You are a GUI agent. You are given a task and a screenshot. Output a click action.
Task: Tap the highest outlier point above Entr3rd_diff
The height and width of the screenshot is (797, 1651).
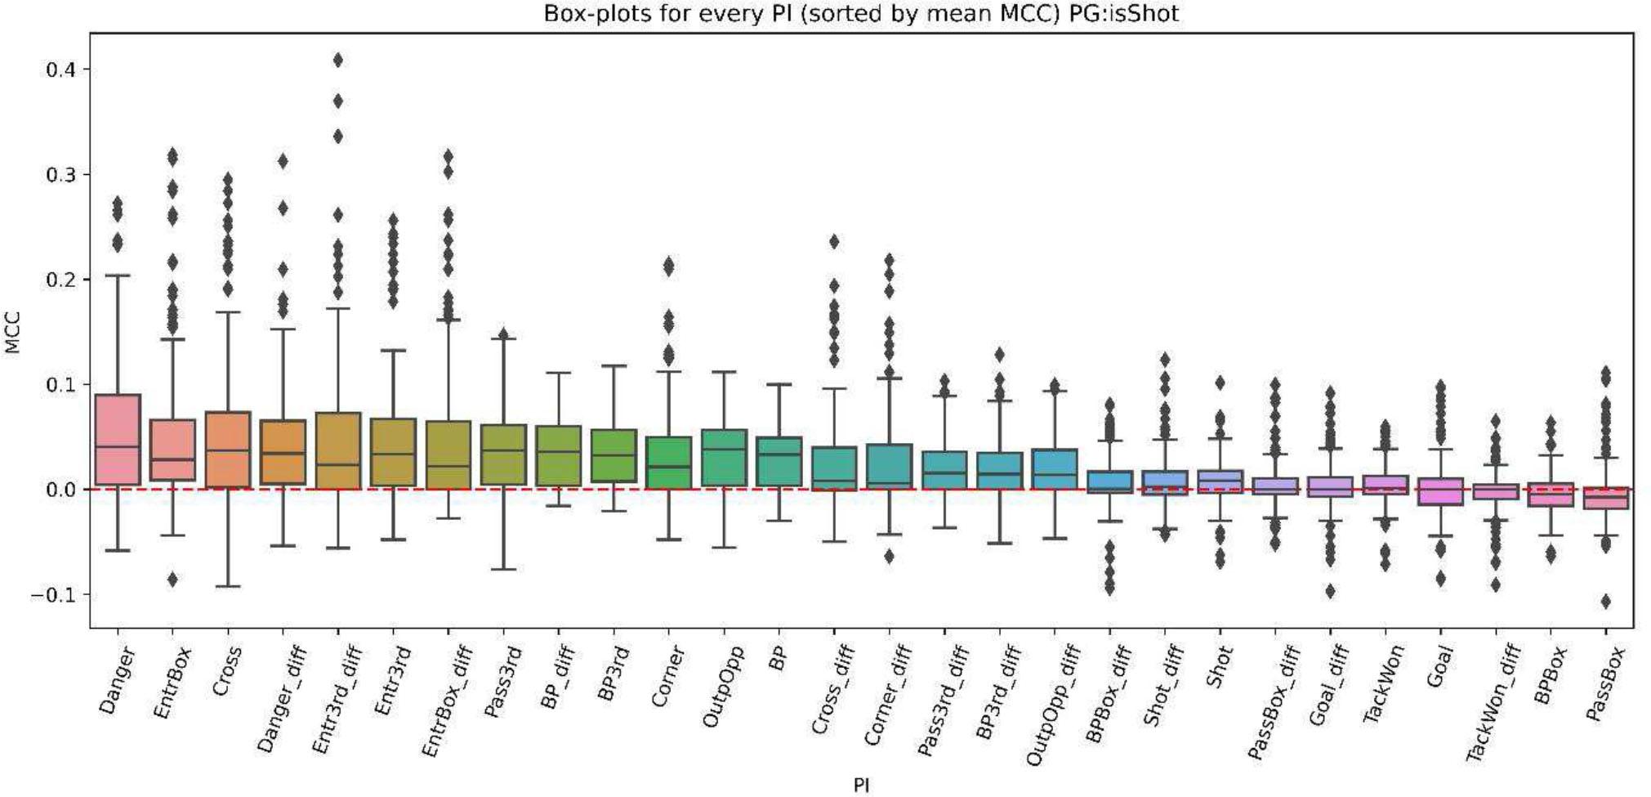337,60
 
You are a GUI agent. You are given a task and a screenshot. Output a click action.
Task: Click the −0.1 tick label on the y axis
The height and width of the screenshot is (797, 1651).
56,595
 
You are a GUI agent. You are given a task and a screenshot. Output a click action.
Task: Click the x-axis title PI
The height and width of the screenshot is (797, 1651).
861,786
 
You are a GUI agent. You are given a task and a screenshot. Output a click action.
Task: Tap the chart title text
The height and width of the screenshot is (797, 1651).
861,13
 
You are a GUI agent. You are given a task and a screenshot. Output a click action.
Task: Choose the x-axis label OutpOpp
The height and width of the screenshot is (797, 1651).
723,686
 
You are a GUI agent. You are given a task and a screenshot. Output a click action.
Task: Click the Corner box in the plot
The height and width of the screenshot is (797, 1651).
668,463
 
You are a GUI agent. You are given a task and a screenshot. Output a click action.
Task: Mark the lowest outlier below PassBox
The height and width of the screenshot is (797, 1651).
1605,602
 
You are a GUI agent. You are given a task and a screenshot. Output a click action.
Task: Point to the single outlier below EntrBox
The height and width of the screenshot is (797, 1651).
172,580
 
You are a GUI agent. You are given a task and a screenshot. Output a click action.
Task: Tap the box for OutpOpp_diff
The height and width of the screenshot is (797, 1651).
1054,469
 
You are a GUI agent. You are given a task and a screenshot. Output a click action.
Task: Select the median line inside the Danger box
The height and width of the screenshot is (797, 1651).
118,446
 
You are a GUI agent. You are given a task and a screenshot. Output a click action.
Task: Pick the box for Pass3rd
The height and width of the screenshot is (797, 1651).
503,454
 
